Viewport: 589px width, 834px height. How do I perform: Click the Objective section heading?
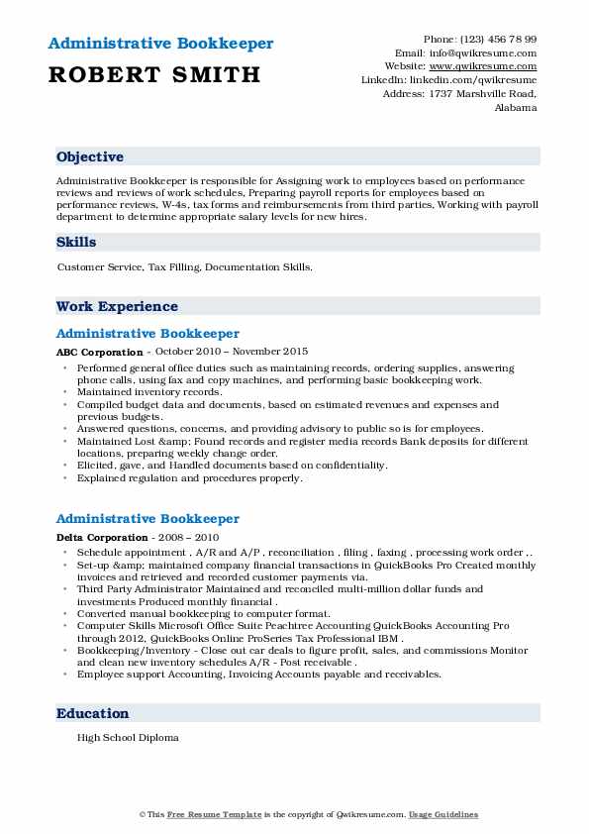[90, 157]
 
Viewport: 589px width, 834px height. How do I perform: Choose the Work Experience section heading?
[117, 307]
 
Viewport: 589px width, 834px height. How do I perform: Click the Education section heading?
[92, 713]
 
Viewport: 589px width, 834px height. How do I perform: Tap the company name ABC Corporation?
[99, 352]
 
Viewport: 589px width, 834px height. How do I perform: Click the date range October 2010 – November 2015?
[230, 352]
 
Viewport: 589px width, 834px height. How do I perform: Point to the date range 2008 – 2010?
[190, 536]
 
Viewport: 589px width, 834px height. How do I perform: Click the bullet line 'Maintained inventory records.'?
[149, 392]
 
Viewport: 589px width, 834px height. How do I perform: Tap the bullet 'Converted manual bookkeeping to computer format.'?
[206, 614]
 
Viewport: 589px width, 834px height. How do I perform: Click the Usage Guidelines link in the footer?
[444, 814]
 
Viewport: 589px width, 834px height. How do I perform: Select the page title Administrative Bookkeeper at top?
[159, 44]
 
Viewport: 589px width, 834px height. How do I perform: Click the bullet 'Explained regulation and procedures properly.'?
[188, 477]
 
